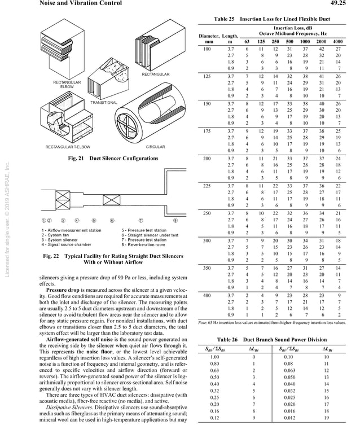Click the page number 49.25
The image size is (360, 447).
point(343,3)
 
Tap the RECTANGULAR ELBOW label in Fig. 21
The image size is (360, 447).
point(67,85)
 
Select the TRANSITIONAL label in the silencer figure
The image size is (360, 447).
point(104,103)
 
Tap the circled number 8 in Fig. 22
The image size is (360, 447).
point(175,221)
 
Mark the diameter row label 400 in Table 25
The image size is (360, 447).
point(207,295)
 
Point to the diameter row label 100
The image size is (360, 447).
point(207,50)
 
